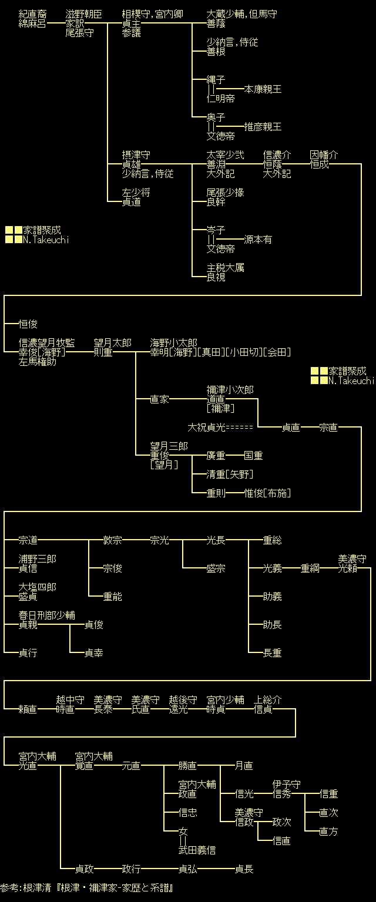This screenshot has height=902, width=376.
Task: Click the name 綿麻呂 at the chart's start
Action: tap(32, 23)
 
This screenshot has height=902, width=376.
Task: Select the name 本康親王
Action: tap(263, 89)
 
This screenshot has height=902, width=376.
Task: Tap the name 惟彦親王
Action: tap(263, 127)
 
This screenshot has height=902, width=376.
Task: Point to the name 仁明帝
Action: tap(220, 99)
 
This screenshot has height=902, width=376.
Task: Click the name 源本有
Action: tap(258, 240)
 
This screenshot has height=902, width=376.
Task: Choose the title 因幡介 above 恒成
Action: tap(324, 155)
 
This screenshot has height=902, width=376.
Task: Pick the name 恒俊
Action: tap(28, 324)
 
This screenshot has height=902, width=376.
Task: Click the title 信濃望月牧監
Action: tap(46, 343)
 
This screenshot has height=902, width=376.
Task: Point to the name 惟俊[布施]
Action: tap(267, 493)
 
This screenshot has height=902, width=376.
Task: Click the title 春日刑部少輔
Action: tap(46, 615)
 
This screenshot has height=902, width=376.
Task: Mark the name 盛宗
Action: tap(216, 568)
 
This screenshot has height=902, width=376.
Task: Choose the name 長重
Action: tap(272, 653)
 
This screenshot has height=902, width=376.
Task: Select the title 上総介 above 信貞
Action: tap(267, 700)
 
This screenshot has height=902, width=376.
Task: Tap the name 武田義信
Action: tap(197, 850)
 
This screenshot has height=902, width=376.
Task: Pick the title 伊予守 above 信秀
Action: tap(286, 785)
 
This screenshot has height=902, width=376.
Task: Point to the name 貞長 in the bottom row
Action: tap(244, 869)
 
